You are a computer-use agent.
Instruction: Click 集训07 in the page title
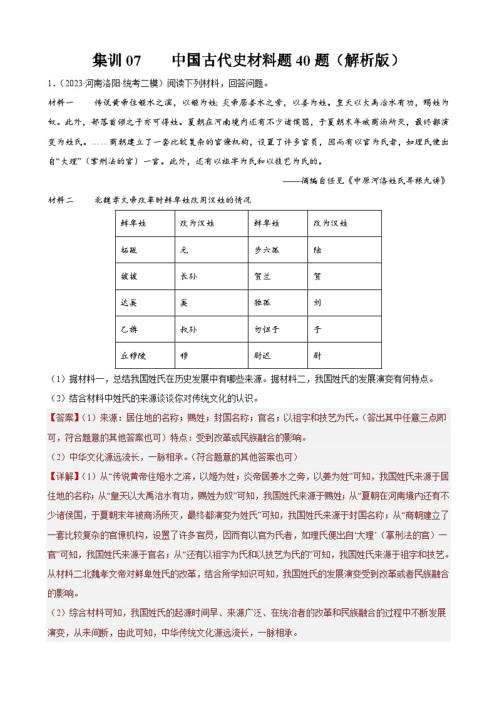[117, 61]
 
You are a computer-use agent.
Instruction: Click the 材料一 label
[60, 101]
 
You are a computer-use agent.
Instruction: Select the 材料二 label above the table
[60, 200]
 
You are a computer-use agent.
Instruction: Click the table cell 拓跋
[128, 249]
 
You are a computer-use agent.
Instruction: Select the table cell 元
[183, 249]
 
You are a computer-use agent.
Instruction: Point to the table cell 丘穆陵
[132, 354]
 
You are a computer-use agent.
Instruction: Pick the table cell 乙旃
[128, 328]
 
